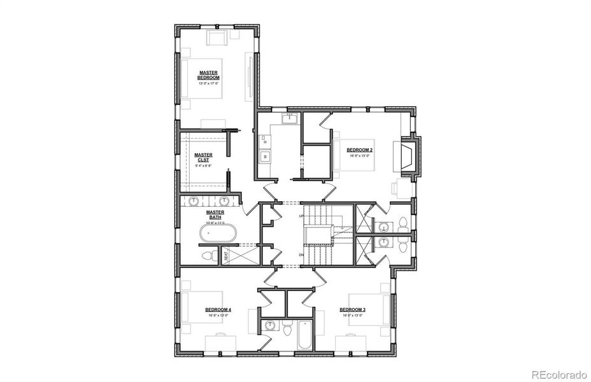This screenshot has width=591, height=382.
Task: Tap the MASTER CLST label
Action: click(x=204, y=157)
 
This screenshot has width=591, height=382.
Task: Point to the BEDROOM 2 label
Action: click(x=359, y=150)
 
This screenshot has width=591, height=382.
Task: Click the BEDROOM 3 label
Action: click(x=357, y=309)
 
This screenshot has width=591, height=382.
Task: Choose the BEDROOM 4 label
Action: click(x=219, y=309)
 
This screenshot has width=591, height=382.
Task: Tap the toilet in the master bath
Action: click(x=208, y=256)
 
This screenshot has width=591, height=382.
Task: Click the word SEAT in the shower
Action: click(x=225, y=256)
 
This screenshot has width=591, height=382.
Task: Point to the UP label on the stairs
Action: click(x=301, y=217)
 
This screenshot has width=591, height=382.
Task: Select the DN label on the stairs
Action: click(x=301, y=255)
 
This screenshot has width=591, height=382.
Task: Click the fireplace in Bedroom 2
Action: click(x=405, y=155)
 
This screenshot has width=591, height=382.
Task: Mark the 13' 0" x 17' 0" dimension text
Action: click(x=208, y=83)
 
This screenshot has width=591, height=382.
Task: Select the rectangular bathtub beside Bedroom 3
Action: click(x=304, y=335)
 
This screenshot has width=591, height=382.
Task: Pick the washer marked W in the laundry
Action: click(x=264, y=157)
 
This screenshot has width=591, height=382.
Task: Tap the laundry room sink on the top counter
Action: click(x=291, y=118)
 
